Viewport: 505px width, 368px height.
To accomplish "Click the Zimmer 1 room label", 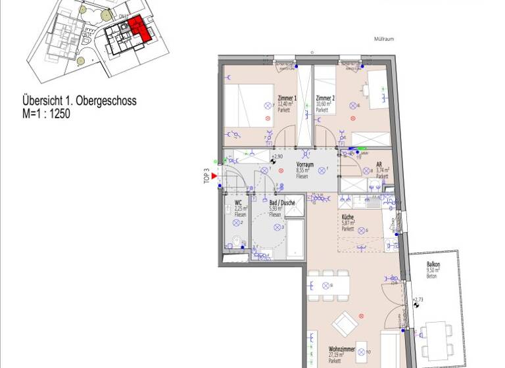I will (x=287, y=98).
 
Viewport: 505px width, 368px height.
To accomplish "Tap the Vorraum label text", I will (x=304, y=165).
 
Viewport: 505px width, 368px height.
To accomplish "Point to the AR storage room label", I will (x=379, y=166).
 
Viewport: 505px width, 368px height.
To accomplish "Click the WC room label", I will (x=239, y=204).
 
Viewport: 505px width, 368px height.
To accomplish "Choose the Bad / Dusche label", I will (x=281, y=203).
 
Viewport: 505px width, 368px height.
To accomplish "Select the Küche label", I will (x=348, y=218).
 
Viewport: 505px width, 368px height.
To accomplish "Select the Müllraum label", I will (x=383, y=39).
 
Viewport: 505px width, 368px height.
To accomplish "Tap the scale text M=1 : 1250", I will (x=46, y=113).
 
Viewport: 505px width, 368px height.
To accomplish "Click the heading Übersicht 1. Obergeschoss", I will (x=79, y=102).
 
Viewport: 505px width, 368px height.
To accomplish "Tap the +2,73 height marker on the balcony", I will (x=419, y=300).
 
